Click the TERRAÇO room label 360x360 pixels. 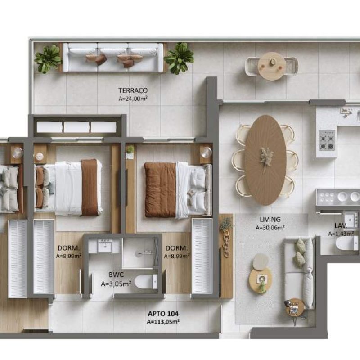(133, 90)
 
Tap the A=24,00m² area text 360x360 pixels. (133, 99)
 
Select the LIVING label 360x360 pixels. (270, 220)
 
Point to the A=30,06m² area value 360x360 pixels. (270, 228)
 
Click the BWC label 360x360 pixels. (116, 274)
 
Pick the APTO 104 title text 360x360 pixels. (163, 314)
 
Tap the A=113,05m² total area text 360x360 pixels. (163, 322)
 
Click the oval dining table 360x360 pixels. (265, 160)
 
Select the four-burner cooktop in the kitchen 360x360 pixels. (327, 140)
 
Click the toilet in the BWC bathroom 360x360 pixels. (146, 281)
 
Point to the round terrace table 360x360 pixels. (272, 66)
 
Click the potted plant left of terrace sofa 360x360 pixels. (48, 58)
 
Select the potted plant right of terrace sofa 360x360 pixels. (179, 58)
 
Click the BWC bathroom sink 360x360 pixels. (105, 246)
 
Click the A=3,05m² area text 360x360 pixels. (116, 284)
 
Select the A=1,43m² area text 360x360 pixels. (341, 234)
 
